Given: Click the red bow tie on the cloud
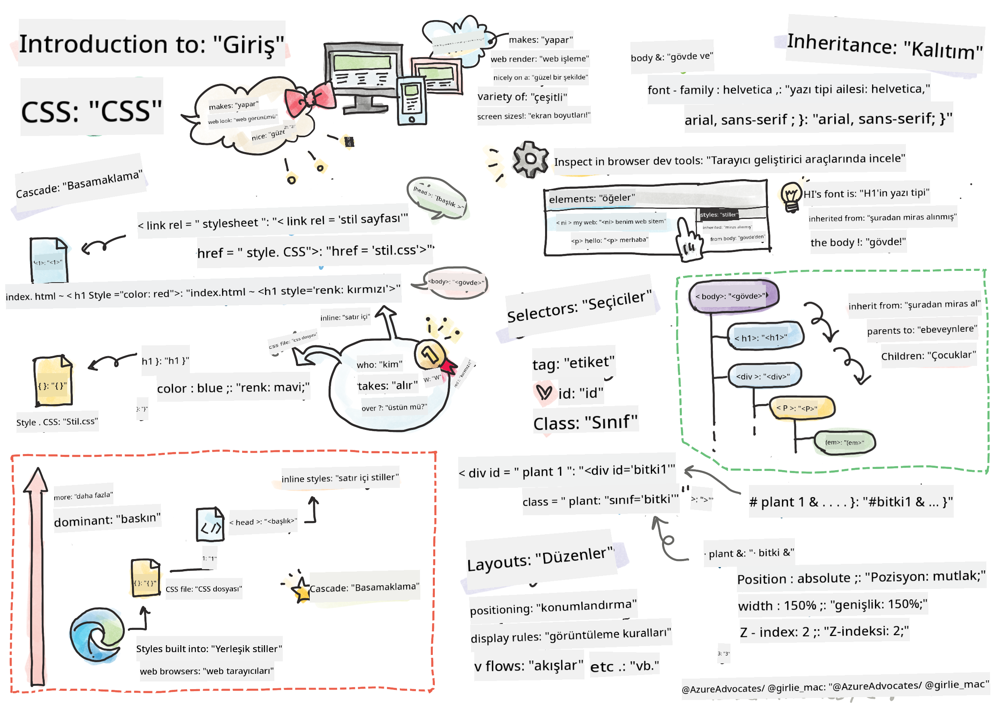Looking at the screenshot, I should point(309,99).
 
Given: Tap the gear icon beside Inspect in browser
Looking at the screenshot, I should point(530,159).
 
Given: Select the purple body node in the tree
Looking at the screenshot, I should point(734,296).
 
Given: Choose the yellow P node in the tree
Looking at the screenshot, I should point(802,408).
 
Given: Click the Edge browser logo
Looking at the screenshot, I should point(97,635).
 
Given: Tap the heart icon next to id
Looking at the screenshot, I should point(544,392).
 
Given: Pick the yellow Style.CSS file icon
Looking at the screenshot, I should point(53,381).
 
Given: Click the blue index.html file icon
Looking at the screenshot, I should point(49,260).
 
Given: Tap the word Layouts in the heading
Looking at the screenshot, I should point(499,563).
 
